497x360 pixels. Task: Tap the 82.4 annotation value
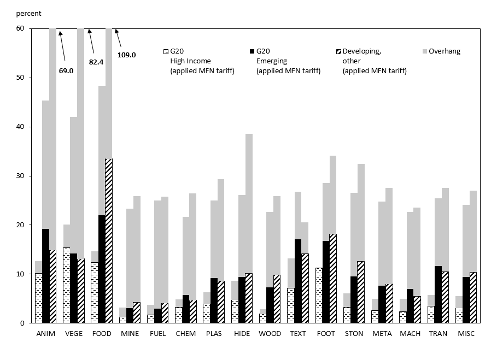96,62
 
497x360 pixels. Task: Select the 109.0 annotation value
126,55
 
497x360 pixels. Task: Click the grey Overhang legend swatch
424,51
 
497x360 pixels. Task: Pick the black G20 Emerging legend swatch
252,51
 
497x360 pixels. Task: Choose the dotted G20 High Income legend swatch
166,51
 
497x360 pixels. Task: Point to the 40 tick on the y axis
20,127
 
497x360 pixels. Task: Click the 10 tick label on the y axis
20,274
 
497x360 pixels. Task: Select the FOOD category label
102,334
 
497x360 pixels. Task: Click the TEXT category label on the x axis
298,334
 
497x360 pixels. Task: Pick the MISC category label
466,334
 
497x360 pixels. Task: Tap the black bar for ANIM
45,276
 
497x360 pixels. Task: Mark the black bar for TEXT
298,281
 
